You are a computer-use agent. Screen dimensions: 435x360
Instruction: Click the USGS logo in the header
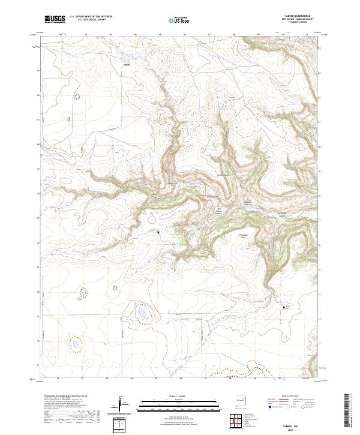[x=54, y=19]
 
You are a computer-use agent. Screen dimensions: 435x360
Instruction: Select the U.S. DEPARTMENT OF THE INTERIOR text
[x=91, y=16]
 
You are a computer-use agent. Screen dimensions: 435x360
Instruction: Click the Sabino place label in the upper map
[x=126, y=63]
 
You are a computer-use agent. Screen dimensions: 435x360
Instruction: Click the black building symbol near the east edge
[x=284, y=308]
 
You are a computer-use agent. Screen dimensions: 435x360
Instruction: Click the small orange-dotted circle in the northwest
[x=76, y=96]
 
